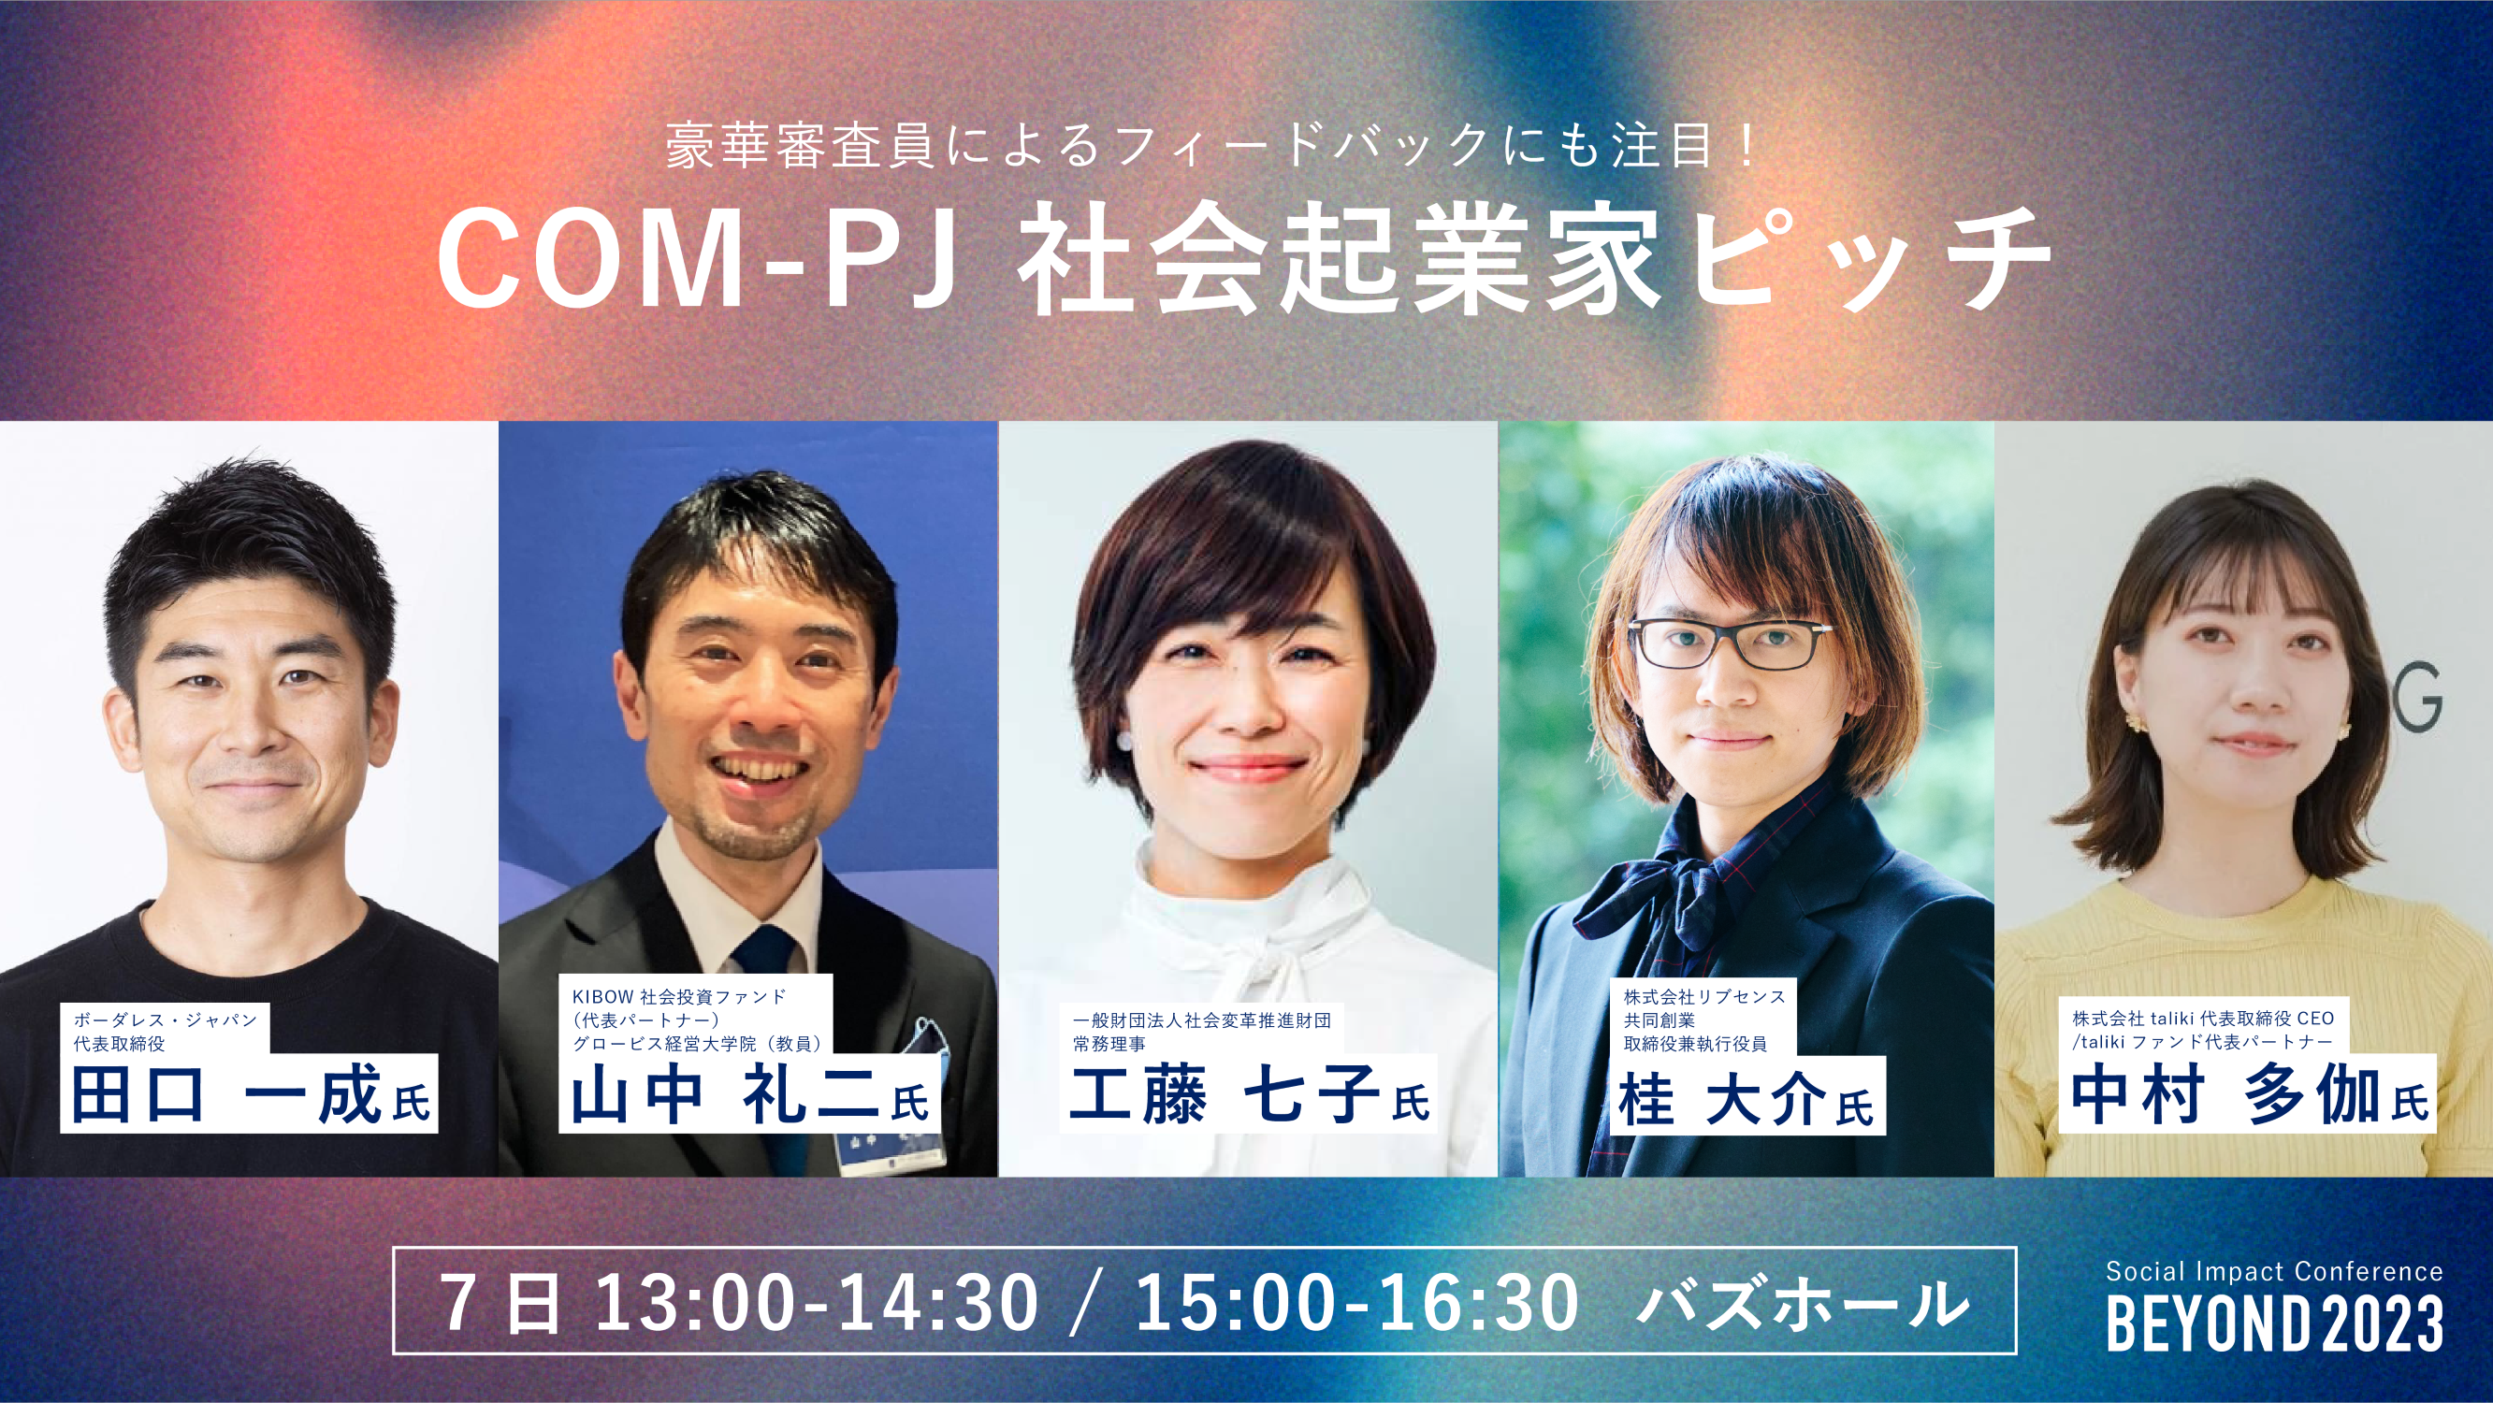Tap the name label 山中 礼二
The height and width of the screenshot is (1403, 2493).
click(x=748, y=1096)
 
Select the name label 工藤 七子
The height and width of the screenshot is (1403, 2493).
click(x=1248, y=1096)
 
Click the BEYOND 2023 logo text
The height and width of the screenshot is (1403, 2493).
click(x=2274, y=1324)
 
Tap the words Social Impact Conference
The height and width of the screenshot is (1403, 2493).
click(x=2274, y=1270)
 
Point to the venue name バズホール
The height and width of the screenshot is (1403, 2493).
click(x=1802, y=1303)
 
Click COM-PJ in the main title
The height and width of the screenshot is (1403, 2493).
click(x=698, y=259)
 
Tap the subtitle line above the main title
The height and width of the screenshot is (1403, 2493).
click(x=1210, y=147)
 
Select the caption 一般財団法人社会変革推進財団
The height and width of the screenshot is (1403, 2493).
click(x=1201, y=1020)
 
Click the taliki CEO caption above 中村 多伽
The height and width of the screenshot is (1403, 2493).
click(x=2203, y=1030)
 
